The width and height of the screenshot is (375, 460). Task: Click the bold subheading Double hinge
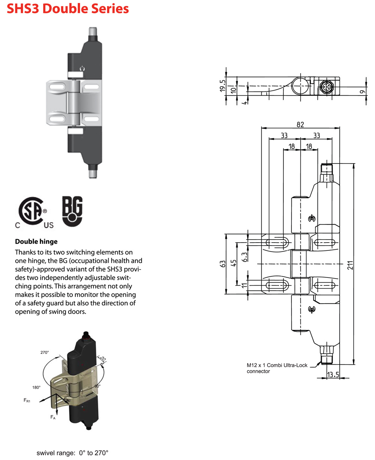[36, 242]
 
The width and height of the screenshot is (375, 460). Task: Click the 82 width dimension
[300, 125]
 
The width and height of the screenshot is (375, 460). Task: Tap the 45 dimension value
[234, 263]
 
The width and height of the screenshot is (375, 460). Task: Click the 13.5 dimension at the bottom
[333, 375]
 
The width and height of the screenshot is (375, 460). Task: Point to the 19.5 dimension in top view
[222, 86]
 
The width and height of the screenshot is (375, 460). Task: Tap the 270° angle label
[45, 352]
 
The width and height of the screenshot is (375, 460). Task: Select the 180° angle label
[36, 387]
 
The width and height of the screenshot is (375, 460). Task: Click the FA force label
[52, 417]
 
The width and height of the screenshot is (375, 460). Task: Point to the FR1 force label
[27, 401]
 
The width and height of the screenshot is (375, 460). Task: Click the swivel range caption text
[72, 453]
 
